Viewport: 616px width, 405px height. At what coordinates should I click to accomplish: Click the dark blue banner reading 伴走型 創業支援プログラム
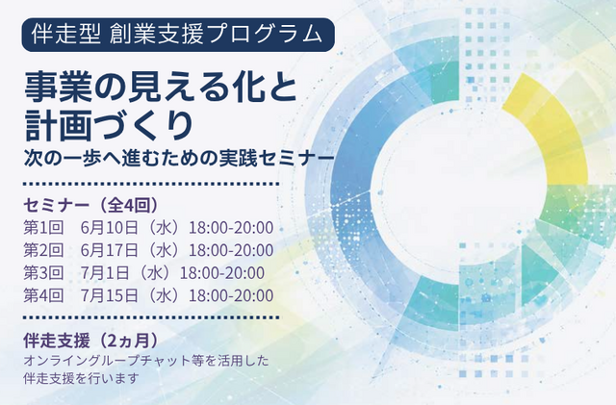coord(178,35)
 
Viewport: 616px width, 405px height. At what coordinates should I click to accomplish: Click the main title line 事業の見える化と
coord(161,88)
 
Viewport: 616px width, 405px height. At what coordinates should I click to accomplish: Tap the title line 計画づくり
coord(109,124)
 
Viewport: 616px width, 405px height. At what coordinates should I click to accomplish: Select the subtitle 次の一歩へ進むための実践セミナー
coord(179,158)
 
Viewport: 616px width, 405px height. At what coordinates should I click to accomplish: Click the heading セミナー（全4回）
coord(91,205)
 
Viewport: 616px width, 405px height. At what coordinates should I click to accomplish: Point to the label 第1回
coord(43,228)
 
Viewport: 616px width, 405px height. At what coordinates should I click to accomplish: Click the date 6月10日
coord(110,228)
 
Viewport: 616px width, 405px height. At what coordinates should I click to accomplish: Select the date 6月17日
coord(110,250)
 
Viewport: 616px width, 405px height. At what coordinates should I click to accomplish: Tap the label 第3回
coord(43,273)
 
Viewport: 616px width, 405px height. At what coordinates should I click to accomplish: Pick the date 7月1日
coord(105,273)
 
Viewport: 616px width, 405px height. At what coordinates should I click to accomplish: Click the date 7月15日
coord(110,295)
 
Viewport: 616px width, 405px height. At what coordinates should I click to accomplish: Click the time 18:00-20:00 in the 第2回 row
coord(231,250)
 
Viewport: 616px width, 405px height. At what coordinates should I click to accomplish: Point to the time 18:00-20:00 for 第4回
coord(231,295)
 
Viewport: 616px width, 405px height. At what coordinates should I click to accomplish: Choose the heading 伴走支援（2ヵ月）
coord(91,341)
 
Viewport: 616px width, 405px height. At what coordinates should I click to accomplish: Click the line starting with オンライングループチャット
coord(146,361)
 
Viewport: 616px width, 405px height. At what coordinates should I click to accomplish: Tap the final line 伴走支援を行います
coord(81,378)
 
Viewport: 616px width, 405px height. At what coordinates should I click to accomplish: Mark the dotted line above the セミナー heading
coord(151,184)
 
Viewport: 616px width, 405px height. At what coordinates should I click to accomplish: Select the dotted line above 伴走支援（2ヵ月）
coord(151,317)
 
